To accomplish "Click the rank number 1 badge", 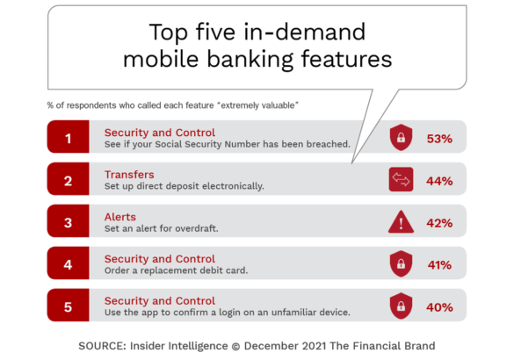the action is [69, 137].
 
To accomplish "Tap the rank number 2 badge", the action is [69, 179].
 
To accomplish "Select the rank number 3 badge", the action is [69, 220].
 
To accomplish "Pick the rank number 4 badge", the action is [69, 263].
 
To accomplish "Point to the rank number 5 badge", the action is [69, 305].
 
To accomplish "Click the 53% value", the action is [439, 139].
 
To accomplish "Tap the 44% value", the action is [439, 181].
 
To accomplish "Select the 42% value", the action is [439, 223].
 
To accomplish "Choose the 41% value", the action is [439, 265].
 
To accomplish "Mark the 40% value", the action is [439, 307].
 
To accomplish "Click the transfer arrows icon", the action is [401, 179].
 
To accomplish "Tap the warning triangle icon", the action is [401, 222].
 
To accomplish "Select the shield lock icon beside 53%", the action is [401, 137].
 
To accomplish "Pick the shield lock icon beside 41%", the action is [401, 263].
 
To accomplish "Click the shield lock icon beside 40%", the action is [401, 306].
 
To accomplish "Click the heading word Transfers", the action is [129, 175].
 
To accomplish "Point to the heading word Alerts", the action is [120, 217].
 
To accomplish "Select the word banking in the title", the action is [250, 60].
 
